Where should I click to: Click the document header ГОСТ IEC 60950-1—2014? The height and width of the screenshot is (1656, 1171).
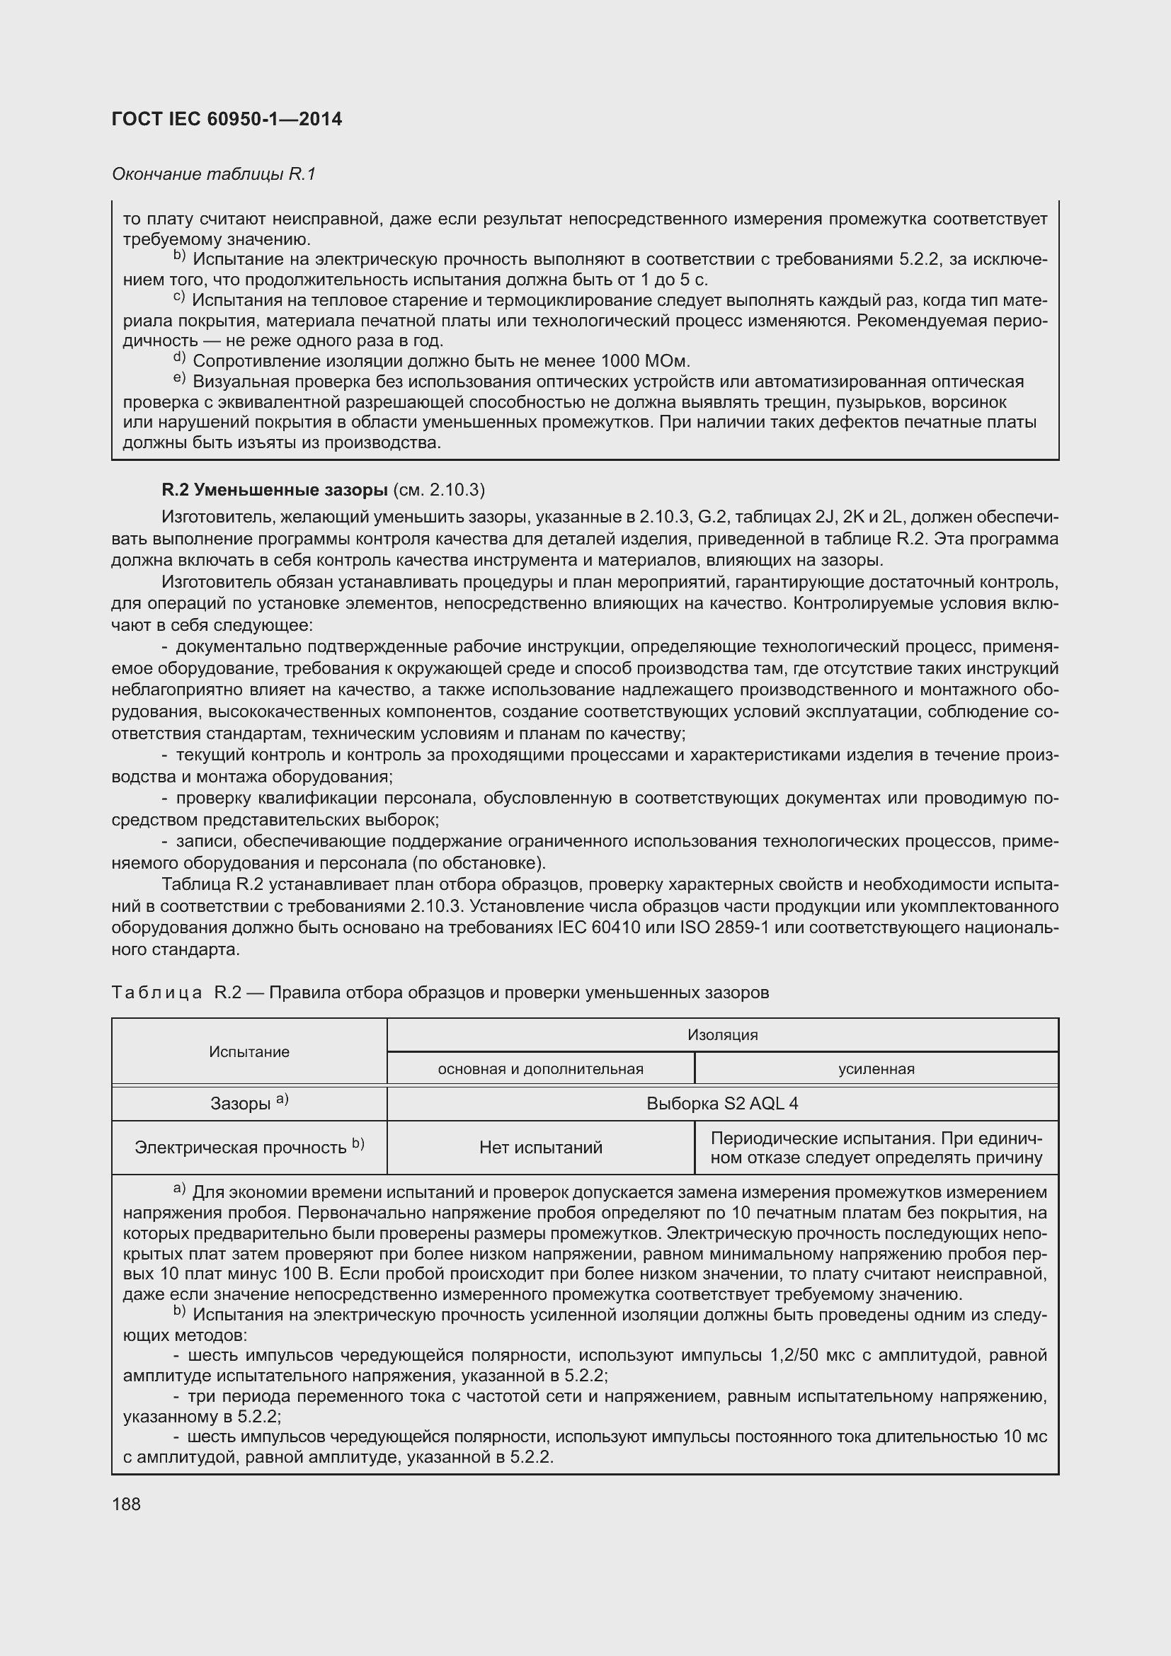[x=227, y=120]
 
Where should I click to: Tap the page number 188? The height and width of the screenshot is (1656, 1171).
[x=126, y=1504]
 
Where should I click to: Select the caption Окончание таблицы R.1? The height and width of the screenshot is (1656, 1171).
[x=213, y=174]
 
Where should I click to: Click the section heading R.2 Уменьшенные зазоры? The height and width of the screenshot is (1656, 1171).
[x=275, y=491]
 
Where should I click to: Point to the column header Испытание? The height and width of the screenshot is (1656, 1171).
[x=249, y=1051]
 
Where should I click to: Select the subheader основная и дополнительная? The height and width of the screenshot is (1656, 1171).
[x=540, y=1069]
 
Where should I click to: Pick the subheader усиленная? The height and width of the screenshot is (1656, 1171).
[x=876, y=1069]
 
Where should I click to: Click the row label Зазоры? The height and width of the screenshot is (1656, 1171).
[x=242, y=1104]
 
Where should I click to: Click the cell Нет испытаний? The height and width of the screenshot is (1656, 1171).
[x=540, y=1148]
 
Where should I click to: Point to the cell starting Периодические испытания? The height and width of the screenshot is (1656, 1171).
[x=876, y=1148]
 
